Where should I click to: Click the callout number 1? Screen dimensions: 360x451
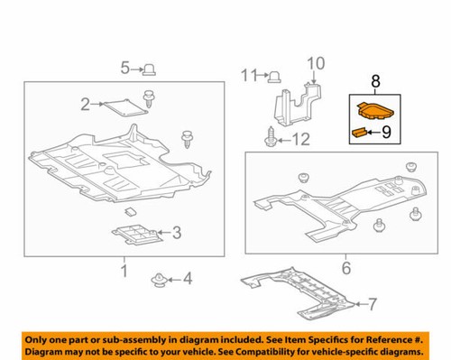pyautogui.click(x=124, y=270)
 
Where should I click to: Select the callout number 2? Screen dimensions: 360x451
pyautogui.click(x=86, y=105)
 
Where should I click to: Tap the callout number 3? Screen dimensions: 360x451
pyautogui.click(x=176, y=233)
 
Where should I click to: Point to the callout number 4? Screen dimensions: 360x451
pyautogui.click(x=188, y=279)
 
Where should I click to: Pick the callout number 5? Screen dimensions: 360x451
pyautogui.click(x=126, y=67)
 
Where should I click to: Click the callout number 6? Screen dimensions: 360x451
pyautogui.click(x=345, y=268)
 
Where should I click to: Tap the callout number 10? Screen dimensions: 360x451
pyautogui.click(x=315, y=62)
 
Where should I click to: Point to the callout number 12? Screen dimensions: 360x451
pyautogui.click(x=300, y=139)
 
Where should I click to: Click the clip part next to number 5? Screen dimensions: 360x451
pyautogui.click(x=152, y=68)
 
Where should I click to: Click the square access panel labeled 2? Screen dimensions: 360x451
pyautogui.click(x=124, y=106)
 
